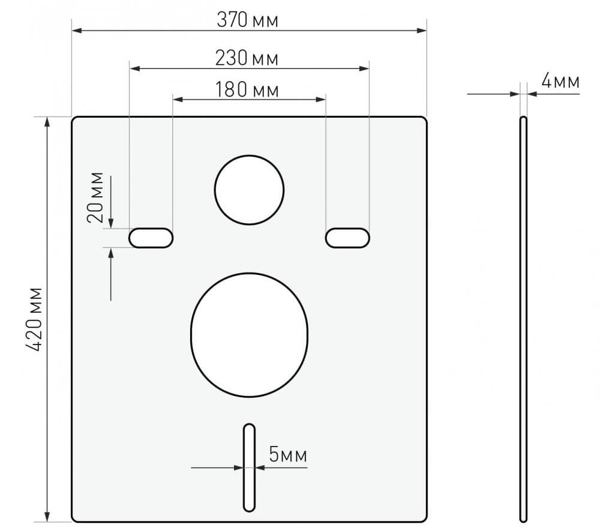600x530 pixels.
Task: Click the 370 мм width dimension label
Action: click(x=247, y=20)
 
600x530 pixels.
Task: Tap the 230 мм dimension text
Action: click(x=247, y=58)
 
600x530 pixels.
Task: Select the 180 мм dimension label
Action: click(x=247, y=90)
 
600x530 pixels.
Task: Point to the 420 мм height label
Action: click(x=34, y=319)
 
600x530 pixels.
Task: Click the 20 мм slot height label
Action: click(x=95, y=197)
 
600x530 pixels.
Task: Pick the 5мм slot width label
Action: click(x=288, y=454)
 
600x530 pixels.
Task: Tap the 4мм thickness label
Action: click(x=560, y=81)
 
